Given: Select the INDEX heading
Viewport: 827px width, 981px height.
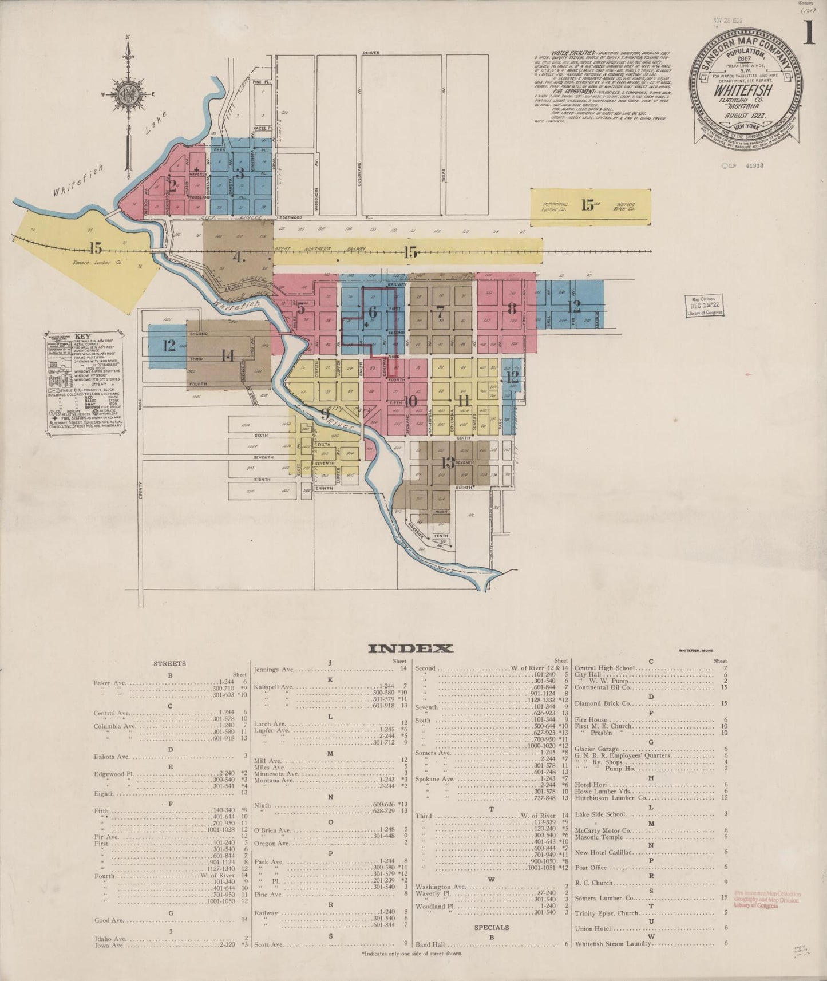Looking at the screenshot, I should pyautogui.click(x=410, y=648).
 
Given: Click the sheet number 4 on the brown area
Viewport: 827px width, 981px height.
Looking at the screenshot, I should pyautogui.click(x=238, y=257).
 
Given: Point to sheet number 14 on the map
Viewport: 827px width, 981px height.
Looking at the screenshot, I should pyautogui.click(x=228, y=355).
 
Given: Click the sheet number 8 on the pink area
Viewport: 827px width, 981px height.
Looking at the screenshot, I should pyautogui.click(x=512, y=308).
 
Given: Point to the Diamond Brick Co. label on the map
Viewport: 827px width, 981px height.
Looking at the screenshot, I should pyautogui.click(x=626, y=204).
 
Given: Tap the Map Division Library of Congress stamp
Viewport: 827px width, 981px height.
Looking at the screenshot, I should pyautogui.click(x=704, y=306).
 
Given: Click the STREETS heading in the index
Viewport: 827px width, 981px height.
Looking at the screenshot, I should pyautogui.click(x=169, y=664).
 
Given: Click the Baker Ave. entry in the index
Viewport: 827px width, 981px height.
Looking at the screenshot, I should pyautogui.click(x=111, y=683).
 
